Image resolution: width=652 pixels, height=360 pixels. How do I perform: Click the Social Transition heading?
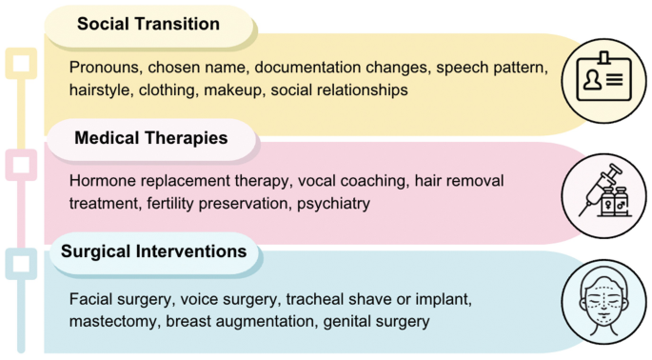point(148,24)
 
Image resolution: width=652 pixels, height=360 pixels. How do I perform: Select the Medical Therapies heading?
point(151,138)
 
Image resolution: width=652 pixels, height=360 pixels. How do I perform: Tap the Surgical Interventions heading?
point(154,251)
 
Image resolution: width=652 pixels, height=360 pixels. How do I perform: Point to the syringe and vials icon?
point(605,190)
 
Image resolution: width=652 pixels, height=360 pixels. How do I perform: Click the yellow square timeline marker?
point(21,63)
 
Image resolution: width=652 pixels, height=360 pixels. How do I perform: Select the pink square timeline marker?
point(21,165)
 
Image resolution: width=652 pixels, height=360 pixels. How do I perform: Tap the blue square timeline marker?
point(21,264)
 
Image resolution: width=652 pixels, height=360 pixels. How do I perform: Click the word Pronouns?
point(104,68)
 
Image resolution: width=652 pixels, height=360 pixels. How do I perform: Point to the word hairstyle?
point(99,90)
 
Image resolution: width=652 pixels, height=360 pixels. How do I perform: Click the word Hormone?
point(103,181)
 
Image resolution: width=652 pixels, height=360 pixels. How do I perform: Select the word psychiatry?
point(333,204)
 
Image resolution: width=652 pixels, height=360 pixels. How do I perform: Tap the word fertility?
point(170,204)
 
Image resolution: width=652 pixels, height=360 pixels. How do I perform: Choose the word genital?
point(348,322)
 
